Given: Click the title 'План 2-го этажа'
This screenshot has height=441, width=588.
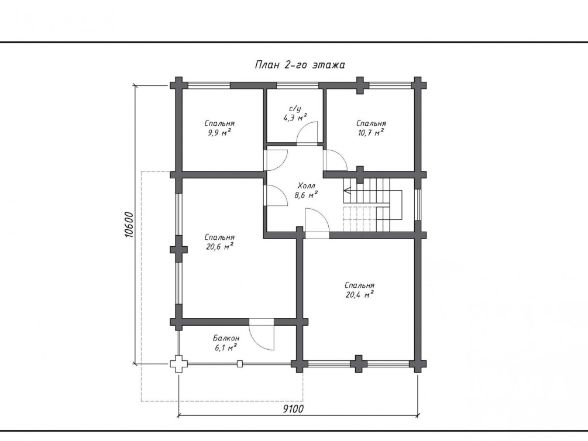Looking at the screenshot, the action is coord(300,65).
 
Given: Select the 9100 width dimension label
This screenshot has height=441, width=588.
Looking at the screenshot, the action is coord(293,408).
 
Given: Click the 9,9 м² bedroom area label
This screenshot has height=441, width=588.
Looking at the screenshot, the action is coord(219,132).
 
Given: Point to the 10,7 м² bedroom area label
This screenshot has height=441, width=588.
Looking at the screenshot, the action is coord(370,132).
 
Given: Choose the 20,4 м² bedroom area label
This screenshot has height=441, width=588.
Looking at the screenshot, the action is coord(360,294).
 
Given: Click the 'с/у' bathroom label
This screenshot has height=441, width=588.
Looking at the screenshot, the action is coord(295,109).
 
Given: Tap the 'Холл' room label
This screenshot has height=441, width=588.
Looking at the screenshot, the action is coord(307,185).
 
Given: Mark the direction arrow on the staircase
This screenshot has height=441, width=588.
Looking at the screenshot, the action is coord(347,191).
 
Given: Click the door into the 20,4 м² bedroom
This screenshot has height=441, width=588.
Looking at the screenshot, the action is coord(317,224).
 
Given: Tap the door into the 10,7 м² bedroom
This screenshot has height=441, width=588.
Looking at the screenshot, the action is coord(336,160).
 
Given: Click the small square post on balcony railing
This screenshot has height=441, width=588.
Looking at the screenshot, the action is coord(240,363).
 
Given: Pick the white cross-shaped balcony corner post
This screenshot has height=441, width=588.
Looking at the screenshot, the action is coord(178,363).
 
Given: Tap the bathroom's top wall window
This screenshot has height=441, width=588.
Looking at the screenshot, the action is coord(297,85).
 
